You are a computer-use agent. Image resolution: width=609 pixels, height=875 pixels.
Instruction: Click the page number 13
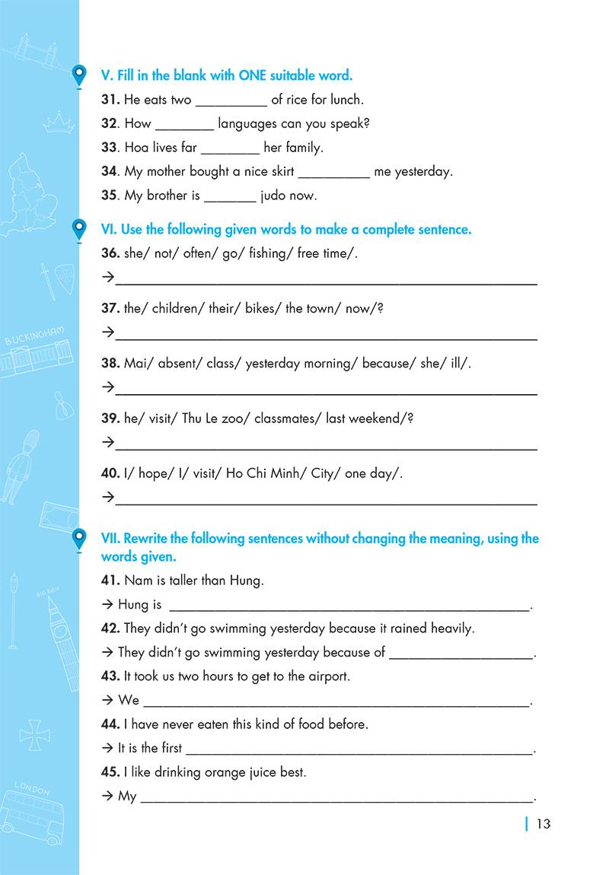(x=543, y=823)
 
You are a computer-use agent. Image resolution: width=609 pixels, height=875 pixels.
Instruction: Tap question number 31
(x=110, y=99)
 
